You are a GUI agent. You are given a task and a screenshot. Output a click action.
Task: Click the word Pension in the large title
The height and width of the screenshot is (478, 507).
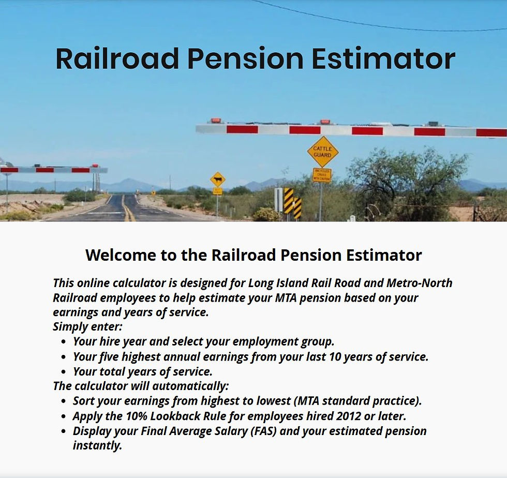click(245, 59)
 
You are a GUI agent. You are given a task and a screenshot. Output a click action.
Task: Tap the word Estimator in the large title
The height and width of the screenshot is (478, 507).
click(383, 59)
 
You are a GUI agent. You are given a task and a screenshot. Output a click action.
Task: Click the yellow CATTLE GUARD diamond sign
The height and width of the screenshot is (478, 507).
click(323, 152)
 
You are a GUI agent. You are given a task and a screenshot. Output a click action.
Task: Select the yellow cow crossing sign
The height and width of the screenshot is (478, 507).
click(218, 179)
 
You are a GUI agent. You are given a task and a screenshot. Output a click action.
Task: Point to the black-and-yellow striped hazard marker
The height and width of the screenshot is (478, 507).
click(289, 201)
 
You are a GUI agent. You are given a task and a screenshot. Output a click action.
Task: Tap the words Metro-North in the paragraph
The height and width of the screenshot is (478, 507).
click(420, 283)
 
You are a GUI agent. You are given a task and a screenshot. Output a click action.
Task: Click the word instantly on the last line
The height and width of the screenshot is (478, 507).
click(97, 445)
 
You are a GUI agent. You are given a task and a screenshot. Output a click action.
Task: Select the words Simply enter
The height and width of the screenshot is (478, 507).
click(87, 326)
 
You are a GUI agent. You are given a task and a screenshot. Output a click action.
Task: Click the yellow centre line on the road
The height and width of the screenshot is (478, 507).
click(126, 208)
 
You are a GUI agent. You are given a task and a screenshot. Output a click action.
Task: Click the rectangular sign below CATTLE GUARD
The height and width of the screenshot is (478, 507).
click(322, 175)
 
